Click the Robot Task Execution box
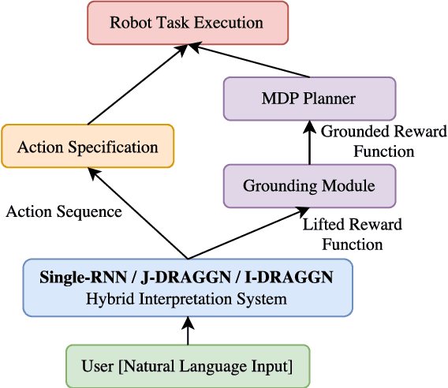(187, 22)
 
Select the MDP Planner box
(309, 99)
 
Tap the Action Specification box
(88, 147)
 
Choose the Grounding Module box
(309, 186)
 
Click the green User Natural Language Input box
(188, 366)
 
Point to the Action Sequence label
(64, 211)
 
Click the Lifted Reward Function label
(353, 234)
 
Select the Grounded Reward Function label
(383, 140)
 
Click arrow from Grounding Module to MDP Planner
(309, 143)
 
